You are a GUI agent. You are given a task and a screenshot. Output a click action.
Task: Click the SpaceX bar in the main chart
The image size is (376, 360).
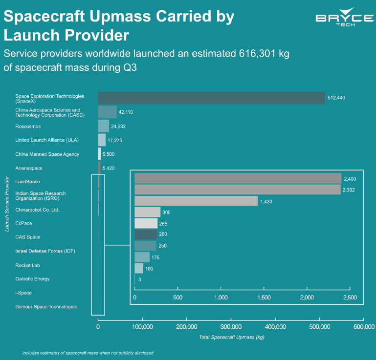click(211, 98)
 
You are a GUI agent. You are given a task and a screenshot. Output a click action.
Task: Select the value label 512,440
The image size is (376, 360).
click(336, 98)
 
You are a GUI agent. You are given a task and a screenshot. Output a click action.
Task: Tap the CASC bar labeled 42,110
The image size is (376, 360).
click(107, 112)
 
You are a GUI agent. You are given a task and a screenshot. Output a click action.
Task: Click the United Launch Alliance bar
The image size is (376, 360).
click(102, 140)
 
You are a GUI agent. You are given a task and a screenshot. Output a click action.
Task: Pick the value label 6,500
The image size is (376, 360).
click(111, 154)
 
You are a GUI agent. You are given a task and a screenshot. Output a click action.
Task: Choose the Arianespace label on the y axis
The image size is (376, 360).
click(29, 168)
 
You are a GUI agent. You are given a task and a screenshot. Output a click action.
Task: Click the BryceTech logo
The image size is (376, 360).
click(344, 20)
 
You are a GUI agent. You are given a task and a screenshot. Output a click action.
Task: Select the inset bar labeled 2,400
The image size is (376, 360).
click(238, 178)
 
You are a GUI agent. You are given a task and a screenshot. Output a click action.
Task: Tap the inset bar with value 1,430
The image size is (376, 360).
click(196, 201)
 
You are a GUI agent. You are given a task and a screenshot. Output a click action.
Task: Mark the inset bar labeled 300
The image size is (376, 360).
click(147, 212)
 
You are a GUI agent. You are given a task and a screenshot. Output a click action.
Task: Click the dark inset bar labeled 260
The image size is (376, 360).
click(146, 234)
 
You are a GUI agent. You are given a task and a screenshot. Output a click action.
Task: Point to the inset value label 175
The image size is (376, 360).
click(155, 257)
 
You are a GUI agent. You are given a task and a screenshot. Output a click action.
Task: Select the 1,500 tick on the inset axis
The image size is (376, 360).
click(264, 297)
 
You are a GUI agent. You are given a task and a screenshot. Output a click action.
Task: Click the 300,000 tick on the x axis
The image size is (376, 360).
click(231, 327)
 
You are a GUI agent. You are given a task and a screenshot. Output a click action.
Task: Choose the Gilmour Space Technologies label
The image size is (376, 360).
click(46, 307)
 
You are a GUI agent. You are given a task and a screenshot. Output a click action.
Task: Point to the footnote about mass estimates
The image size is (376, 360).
click(88, 352)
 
